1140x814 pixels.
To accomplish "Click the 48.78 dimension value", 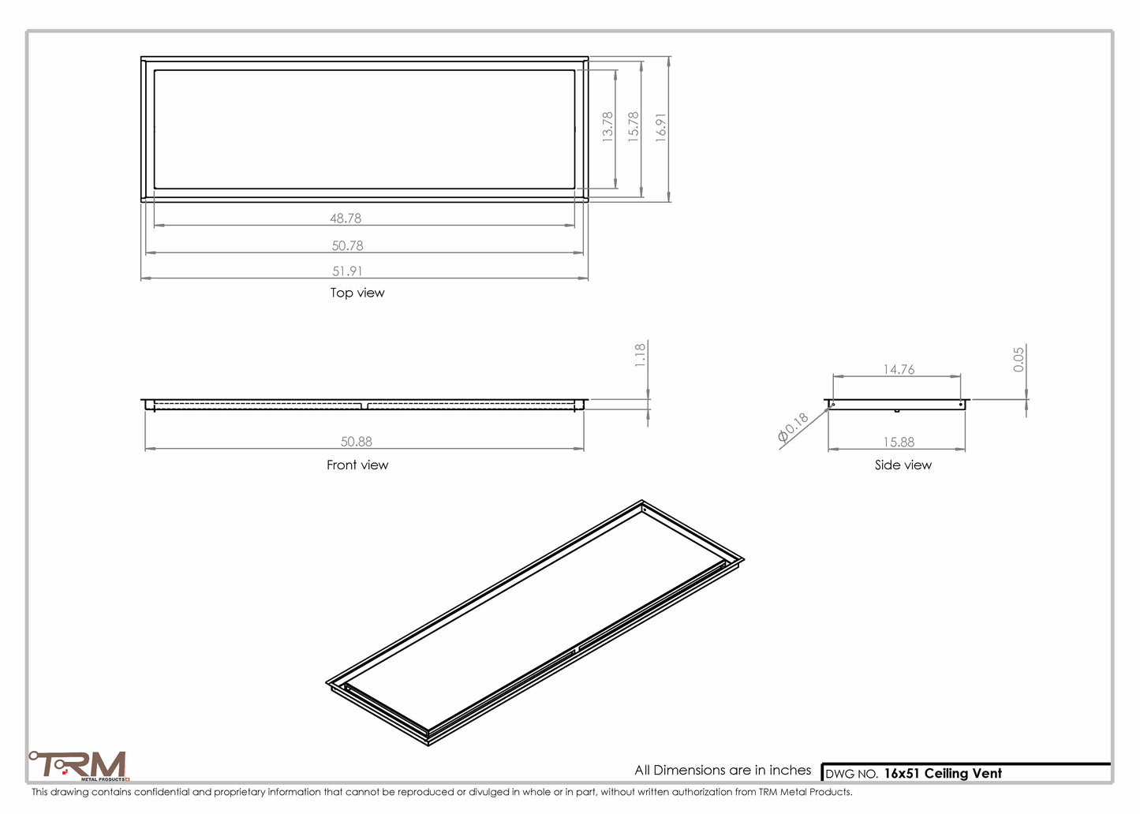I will point(346,218).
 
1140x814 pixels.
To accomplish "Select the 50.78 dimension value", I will point(347,246).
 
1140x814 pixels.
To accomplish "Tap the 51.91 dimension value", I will point(347,271).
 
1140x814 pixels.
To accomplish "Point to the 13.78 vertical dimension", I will point(607,126).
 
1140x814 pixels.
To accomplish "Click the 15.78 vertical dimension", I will point(634,126).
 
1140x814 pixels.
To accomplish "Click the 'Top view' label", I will point(357,293).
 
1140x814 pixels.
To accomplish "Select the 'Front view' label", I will point(357,465).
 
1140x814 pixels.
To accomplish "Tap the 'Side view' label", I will point(903,465).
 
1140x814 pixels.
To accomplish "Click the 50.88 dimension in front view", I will point(357,442).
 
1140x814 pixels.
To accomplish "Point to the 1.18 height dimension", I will point(641,355).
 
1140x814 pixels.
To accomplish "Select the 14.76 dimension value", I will point(899,369).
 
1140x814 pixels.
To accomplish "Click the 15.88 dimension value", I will point(899,442).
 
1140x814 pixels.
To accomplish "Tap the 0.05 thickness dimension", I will point(1019,360).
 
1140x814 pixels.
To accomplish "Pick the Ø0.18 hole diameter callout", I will point(793,428).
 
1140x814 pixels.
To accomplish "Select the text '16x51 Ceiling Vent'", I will point(942,774).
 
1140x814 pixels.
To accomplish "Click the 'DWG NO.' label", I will point(851,775).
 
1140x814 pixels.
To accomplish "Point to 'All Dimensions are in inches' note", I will point(723,770).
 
